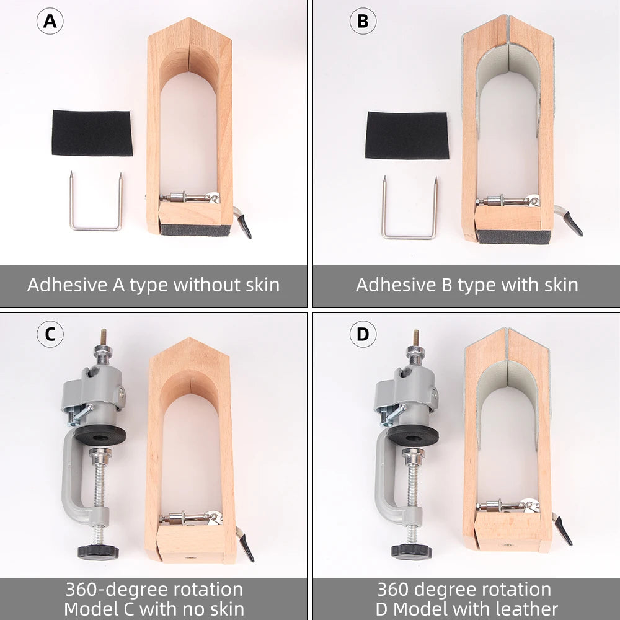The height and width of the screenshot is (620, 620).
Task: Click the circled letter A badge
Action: [50, 21]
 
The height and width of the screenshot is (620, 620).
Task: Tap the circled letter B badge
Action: [363, 21]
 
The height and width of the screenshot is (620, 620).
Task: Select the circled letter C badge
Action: [50, 334]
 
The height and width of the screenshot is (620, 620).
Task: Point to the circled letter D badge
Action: [363, 334]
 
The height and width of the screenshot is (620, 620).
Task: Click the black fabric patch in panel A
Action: [92, 133]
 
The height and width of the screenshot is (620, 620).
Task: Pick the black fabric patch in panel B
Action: [407, 135]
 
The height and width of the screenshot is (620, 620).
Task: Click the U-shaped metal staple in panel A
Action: [95, 228]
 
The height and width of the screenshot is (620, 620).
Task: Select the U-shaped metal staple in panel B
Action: [409, 236]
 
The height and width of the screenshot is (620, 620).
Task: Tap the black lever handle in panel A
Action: [245, 226]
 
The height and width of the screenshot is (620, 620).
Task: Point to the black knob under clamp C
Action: [98, 551]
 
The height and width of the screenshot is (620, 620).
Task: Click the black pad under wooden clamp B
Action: [513, 236]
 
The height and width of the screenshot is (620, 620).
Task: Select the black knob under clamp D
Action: [412, 551]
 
